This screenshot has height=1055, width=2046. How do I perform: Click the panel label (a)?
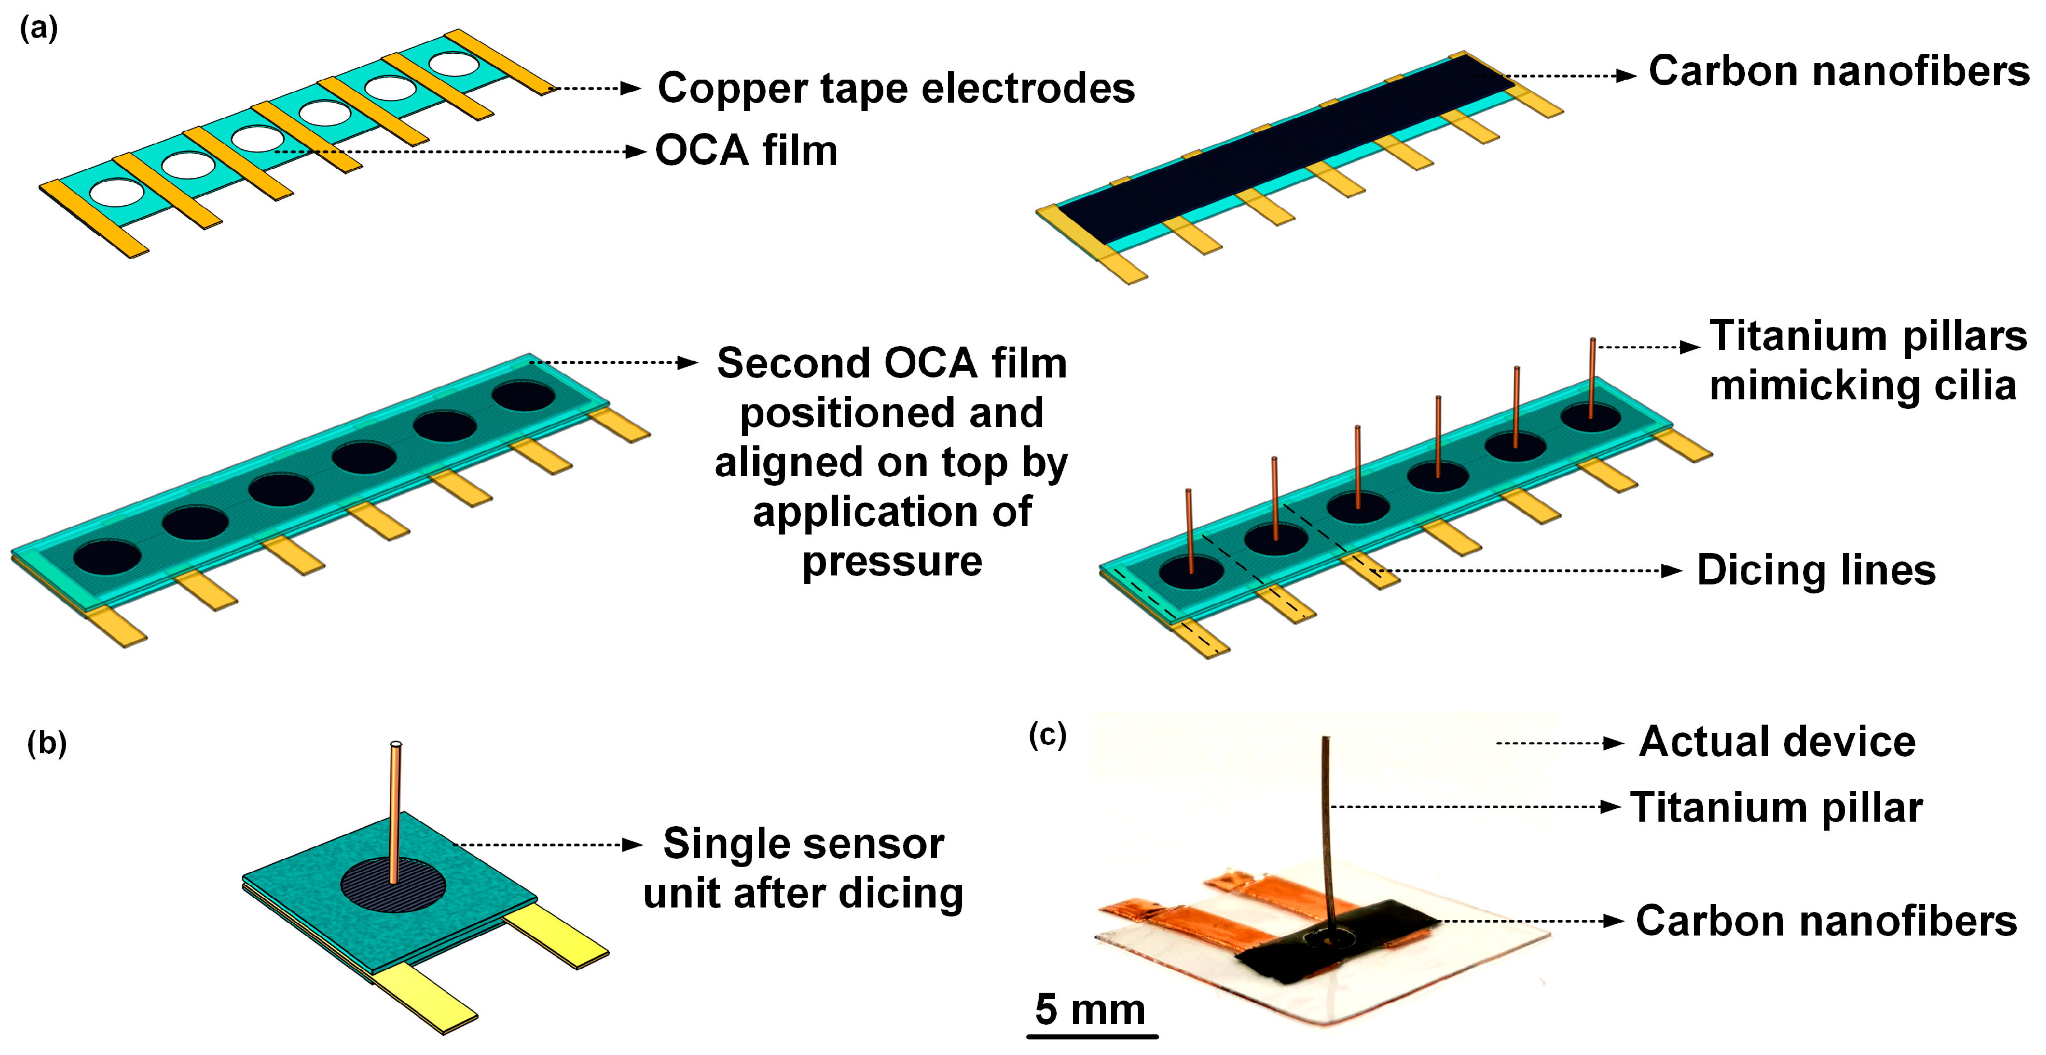click(x=38, y=29)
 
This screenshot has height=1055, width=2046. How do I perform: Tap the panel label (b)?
click(x=47, y=744)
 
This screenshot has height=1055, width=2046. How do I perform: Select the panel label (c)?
click(x=1047, y=735)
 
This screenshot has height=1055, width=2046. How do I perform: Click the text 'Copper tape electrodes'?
click(x=896, y=88)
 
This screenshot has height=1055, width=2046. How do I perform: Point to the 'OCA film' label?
click(x=746, y=151)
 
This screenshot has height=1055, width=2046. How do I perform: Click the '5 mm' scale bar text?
click(x=1090, y=1010)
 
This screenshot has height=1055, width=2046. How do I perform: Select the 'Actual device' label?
click(x=1777, y=742)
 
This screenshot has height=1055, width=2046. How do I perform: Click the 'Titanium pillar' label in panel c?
click(x=1776, y=808)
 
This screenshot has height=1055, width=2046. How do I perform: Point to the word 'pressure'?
click(x=892, y=561)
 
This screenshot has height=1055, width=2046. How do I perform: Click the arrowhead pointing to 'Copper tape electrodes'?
click(x=632, y=88)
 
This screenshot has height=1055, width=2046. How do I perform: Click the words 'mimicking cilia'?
click(x=1863, y=386)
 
